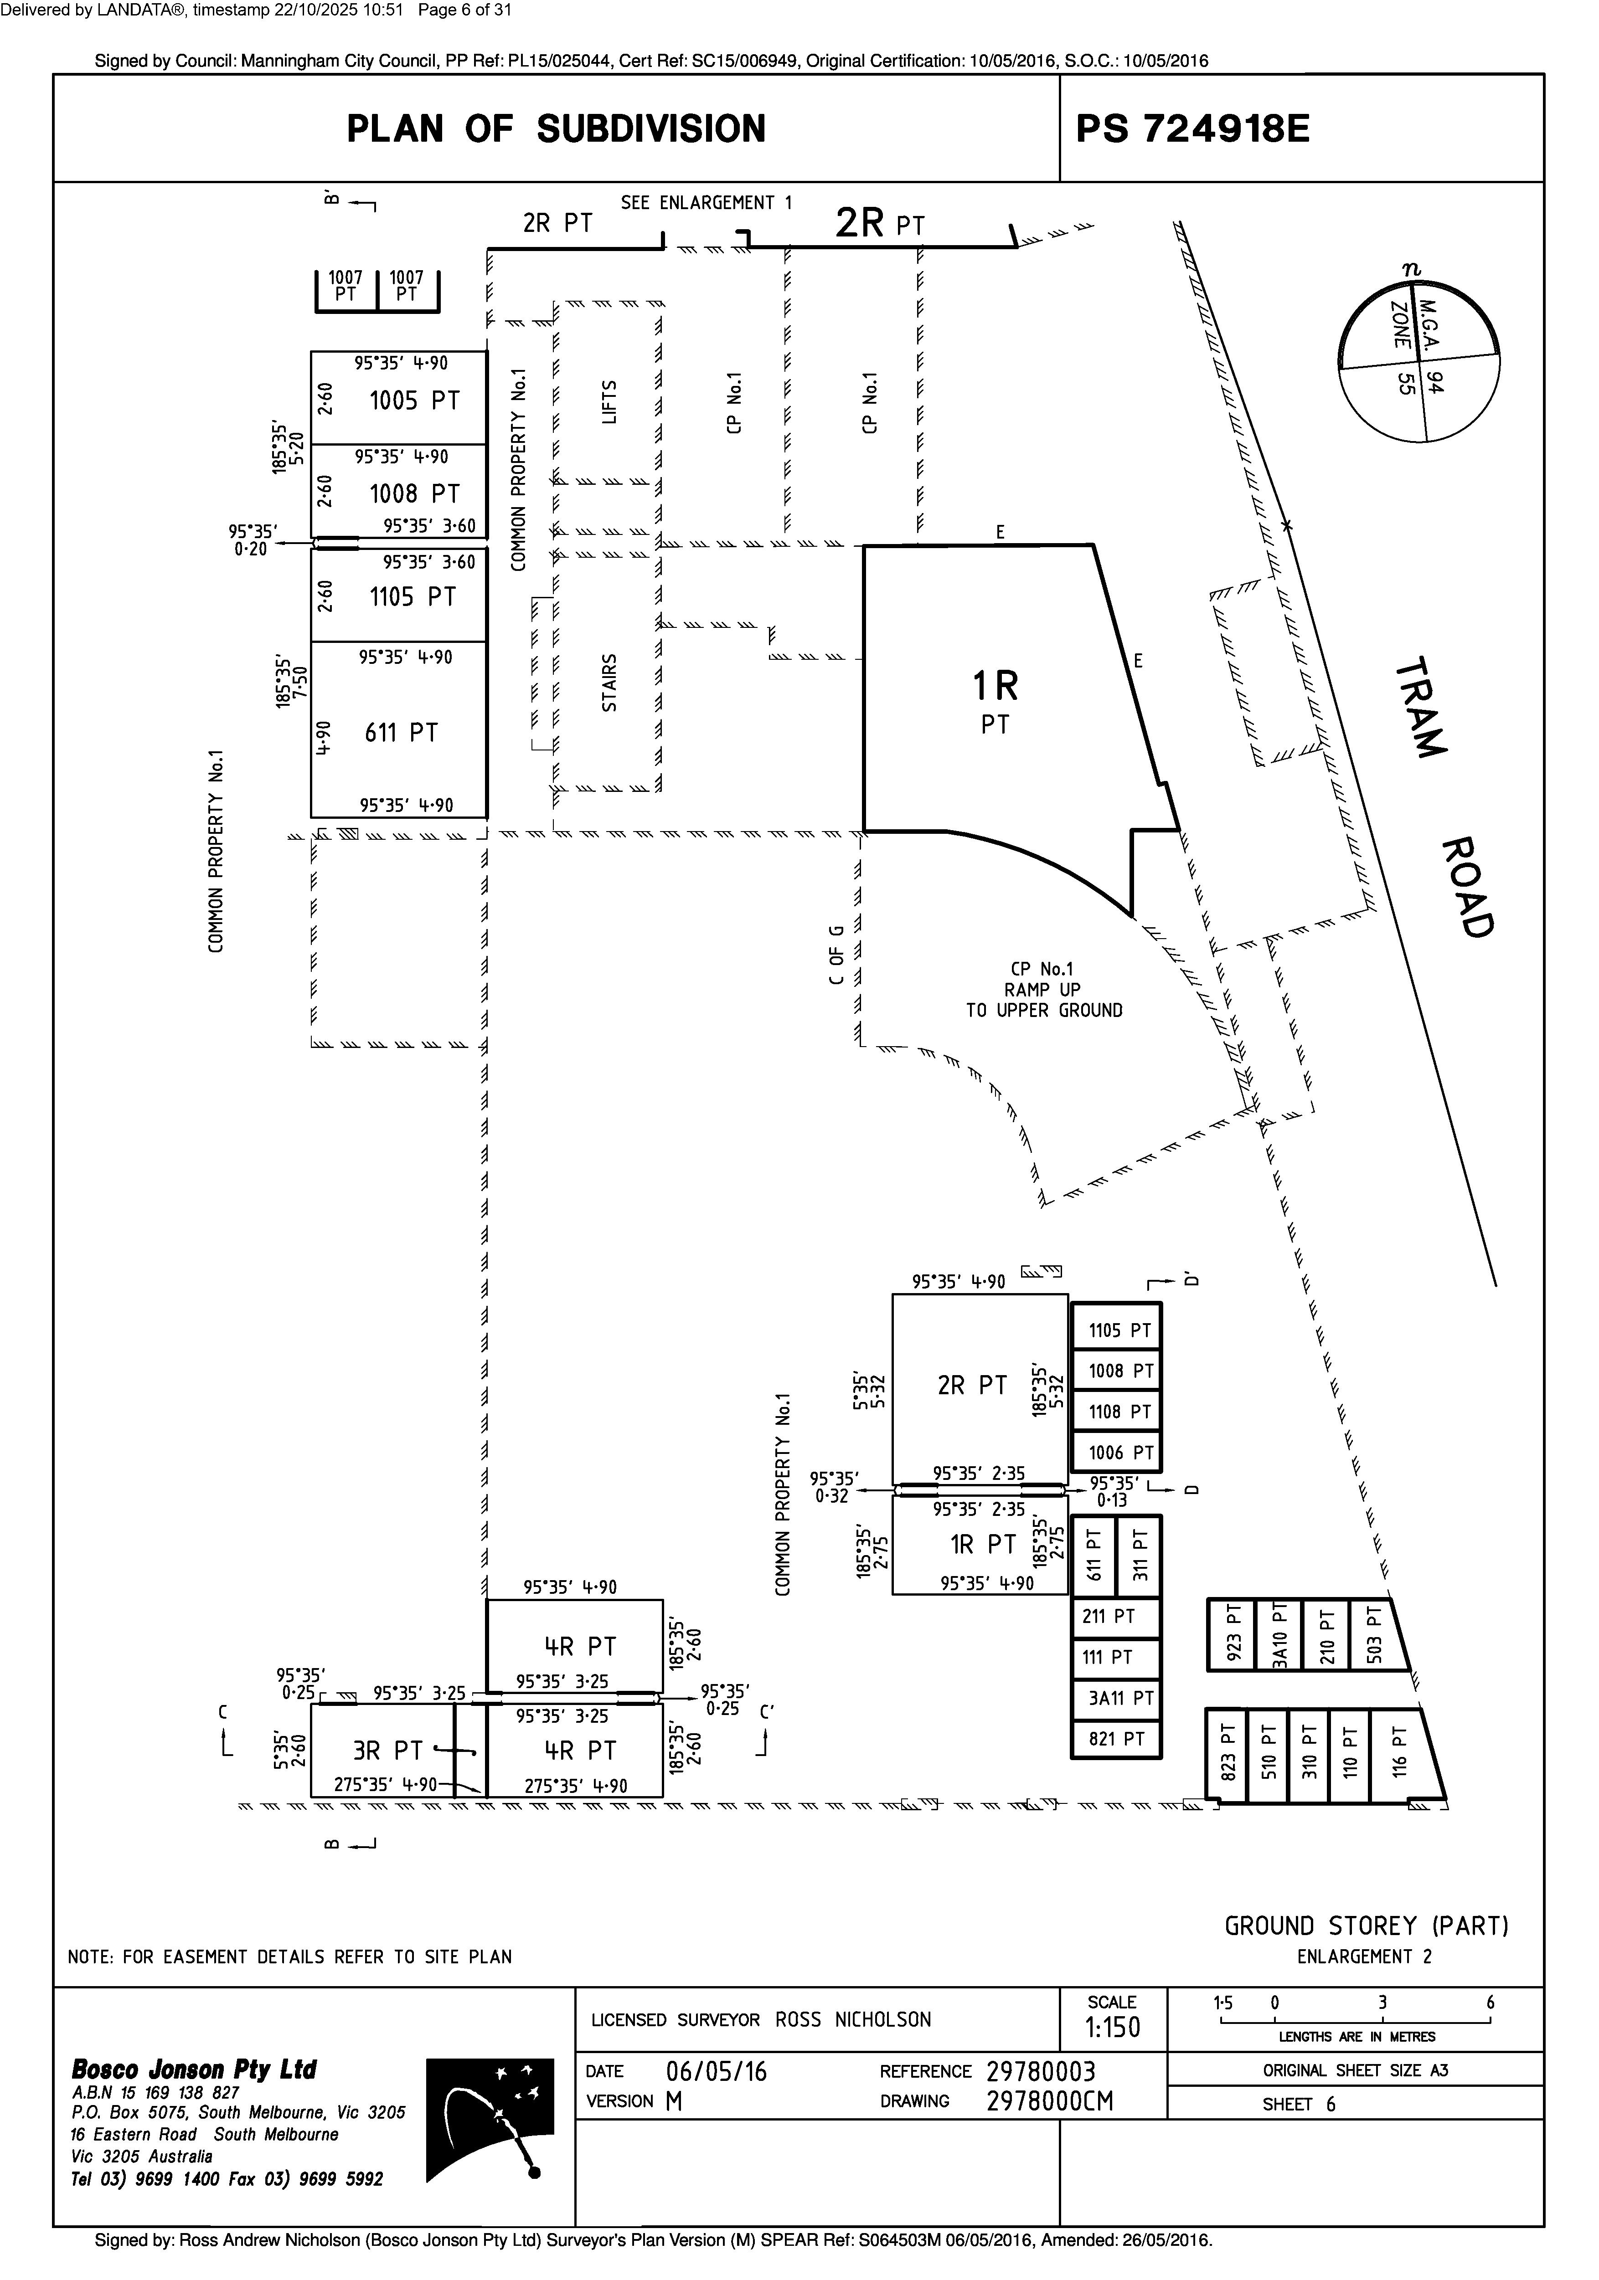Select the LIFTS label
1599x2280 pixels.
[610, 401]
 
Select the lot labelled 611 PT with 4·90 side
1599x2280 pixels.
[401, 733]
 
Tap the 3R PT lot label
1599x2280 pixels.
[387, 1750]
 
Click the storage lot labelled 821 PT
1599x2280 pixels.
[1116, 1739]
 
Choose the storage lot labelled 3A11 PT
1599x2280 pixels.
[1116, 1698]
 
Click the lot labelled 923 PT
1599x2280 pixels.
[1233, 1633]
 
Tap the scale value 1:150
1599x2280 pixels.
[1112, 2028]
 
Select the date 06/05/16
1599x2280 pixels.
[716, 2071]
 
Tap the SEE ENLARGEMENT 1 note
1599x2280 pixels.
[706, 203]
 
